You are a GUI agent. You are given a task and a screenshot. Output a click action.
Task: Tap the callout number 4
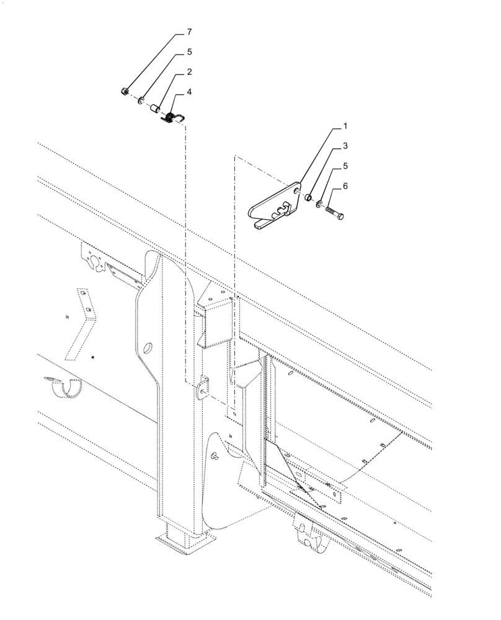pos(189,92)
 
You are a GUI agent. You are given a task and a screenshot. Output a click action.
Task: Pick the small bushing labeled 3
pos(307,198)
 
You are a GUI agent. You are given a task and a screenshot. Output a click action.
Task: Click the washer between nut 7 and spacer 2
pos(141,100)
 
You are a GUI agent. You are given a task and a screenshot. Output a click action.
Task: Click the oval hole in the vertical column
pos(148,348)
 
